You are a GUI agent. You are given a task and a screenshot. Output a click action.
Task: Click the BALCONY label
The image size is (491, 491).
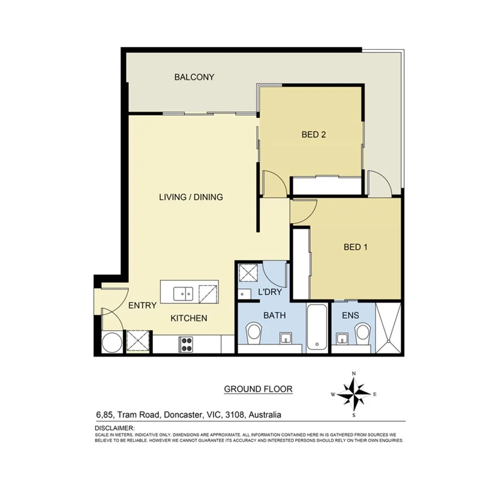pos(194,77)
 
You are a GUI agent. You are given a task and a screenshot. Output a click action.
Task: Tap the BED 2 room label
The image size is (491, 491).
pos(313,134)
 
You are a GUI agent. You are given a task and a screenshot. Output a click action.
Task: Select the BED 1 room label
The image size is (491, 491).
pos(355,247)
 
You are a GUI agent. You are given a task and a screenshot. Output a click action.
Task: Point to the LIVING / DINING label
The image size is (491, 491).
pos(191,197)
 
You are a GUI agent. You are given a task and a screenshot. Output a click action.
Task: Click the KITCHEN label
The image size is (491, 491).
pos(189,318)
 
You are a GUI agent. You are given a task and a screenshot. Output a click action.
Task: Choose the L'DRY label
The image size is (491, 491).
pos(267,291)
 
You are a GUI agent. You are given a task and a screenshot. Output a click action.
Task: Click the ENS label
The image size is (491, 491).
pos(350,316)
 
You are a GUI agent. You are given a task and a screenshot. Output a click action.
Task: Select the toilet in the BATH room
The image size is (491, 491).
pos(253,332)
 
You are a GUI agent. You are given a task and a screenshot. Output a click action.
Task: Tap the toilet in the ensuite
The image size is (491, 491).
pos(362,332)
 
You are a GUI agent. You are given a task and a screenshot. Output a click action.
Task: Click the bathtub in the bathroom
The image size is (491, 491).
pos(317,327)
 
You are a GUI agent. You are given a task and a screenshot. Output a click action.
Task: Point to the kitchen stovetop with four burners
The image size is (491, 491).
pos(187,344)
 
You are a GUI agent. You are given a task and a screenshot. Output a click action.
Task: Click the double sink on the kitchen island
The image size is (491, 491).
pos(183,291)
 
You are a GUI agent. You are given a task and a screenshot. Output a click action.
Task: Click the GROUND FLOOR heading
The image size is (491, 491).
pos(258,389)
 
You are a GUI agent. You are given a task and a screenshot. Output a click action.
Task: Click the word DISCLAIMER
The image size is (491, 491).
pos(114,428)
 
